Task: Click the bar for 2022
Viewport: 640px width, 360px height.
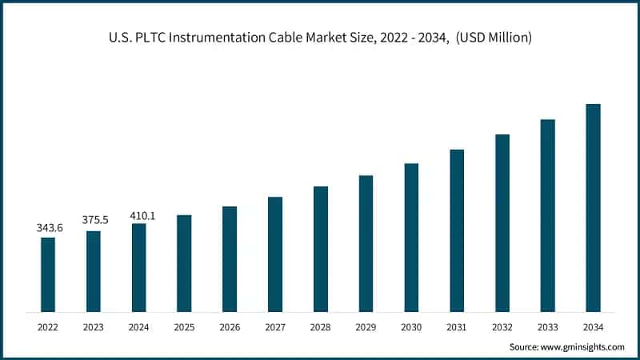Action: (x=48, y=274)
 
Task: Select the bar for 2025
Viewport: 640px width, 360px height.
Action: (x=184, y=263)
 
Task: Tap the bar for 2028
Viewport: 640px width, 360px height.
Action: (x=321, y=249)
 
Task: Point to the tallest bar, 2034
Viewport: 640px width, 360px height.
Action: (x=593, y=207)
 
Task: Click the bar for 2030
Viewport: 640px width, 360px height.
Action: (x=411, y=238)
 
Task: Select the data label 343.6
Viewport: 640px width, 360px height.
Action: (x=50, y=228)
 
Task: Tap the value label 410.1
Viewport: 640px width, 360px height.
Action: (x=142, y=215)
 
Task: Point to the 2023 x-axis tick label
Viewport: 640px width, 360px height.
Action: (x=94, y=327)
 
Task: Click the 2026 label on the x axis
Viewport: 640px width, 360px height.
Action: (x=230, y=327)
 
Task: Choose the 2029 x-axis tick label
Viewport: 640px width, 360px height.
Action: (x=366, y=327)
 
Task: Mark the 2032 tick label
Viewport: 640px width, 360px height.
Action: (x=502, y=327)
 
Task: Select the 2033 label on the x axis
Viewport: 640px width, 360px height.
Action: (x=547, y=327)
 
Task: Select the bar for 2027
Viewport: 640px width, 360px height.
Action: (x=275, y=254)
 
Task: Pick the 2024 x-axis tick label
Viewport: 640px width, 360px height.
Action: (x=138, y=327)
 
